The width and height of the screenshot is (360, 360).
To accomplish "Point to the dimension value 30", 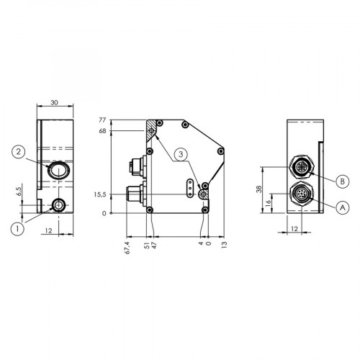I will point(55,102).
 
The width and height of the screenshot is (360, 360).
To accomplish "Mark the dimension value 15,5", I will point(101,194).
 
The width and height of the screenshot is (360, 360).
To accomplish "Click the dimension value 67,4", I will point(127,248).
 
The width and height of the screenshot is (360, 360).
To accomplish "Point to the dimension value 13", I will point(225,245).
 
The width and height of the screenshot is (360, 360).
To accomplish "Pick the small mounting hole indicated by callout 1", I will point(58,206).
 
